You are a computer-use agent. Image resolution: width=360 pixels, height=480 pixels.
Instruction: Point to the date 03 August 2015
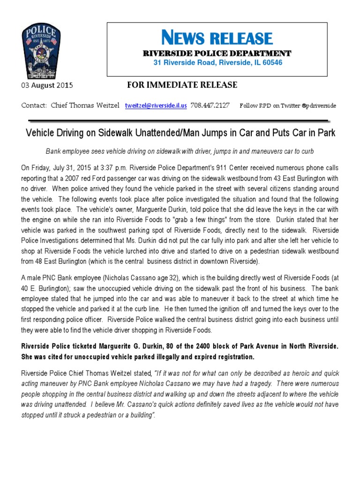tap(47, 85)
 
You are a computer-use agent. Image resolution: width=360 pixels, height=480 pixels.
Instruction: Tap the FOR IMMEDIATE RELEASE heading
tap(182, 85)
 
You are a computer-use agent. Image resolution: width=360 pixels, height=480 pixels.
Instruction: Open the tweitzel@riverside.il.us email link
tap(156, 105)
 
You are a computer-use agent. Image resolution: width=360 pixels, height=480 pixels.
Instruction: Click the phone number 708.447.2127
tap(210, 105)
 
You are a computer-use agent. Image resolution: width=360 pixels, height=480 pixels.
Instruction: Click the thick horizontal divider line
tap(180, 121)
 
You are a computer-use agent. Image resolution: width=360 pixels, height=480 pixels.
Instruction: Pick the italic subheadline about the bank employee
tap(180, 151)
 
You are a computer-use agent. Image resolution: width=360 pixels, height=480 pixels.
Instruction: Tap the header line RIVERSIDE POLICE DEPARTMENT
tap(217, 53)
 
